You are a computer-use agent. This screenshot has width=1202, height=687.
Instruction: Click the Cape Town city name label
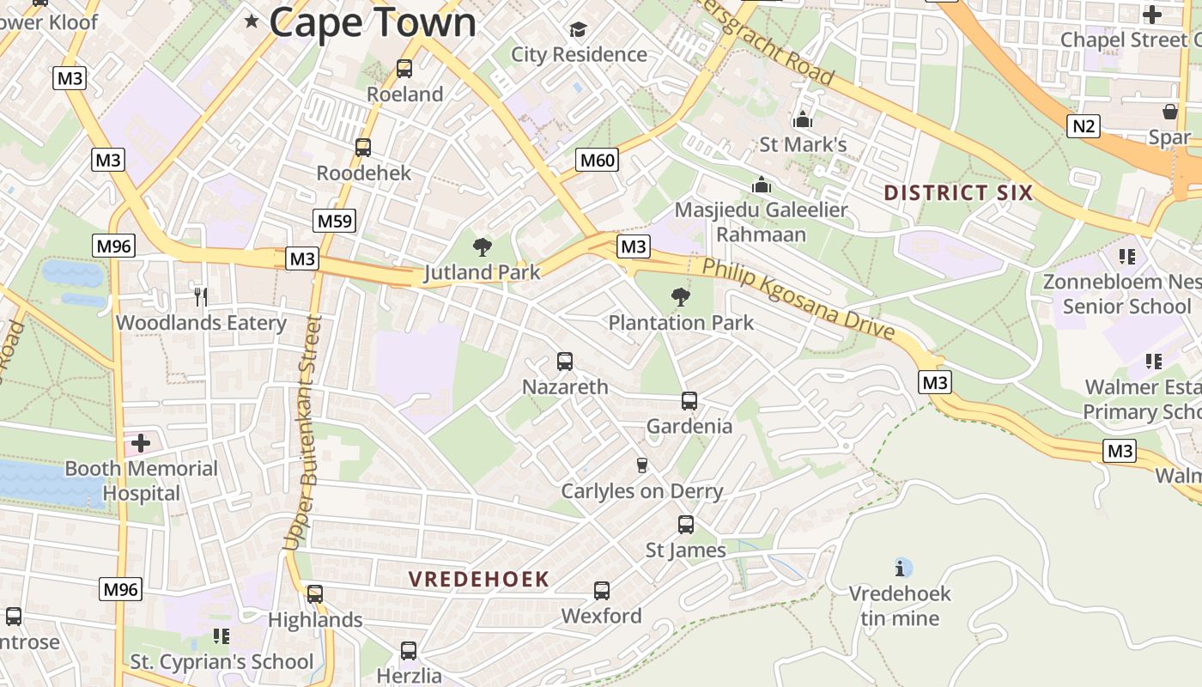tap(373, 22)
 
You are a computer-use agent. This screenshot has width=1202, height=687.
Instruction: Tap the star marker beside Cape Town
tap(252, 21)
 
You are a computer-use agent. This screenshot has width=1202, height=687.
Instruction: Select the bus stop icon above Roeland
tap(404, 69)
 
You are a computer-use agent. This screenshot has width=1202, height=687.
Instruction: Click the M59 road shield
tap(335, 221)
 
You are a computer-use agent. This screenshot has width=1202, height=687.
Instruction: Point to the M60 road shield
tap(598, 160)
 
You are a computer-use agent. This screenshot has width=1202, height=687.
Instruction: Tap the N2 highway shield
tap(1084, 127)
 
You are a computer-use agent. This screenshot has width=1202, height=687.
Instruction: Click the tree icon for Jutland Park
tap(483, 248)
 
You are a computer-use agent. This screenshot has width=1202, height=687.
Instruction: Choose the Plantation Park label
tap(681, 323)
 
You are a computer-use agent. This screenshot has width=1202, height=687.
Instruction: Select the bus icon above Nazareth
tap(565, 362)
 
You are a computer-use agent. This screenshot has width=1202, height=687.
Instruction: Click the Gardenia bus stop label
tap(689, 426)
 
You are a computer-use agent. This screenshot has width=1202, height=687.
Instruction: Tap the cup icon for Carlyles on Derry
tap(641, 465)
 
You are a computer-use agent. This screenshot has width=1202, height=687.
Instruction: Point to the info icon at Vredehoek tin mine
tap(900, 568)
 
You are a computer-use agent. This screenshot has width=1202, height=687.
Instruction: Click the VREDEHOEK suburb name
tap(478, 580)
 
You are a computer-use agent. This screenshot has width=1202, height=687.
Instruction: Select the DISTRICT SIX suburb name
tap(958, 192)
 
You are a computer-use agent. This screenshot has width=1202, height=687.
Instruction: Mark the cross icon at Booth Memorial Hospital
tap(141, 443)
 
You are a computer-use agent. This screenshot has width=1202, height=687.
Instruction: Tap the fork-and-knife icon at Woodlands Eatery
tap(201, 297)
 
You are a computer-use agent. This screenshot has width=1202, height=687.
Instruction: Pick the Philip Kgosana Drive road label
tap(798, 297)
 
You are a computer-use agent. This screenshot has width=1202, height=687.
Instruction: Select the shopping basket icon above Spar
tap(1169, 112)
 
